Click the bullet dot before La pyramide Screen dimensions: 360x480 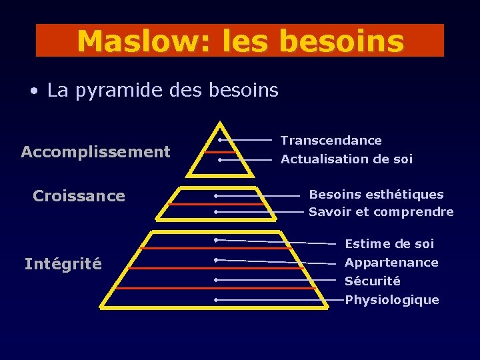tap(33, 91)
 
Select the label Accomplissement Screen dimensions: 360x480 tap(95, 152)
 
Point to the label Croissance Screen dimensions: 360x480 tap(79, 196)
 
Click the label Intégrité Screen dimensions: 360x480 tap(63, 265)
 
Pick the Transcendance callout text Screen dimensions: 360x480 tap(331, 141)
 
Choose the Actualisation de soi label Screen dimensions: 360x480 tap(346, 159)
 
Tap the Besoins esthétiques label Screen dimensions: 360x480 tap(376, 195)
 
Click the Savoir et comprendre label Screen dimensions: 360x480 tap(381, 212)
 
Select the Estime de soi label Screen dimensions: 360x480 tap(389, 244)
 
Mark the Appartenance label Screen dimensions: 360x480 tap(391, 263)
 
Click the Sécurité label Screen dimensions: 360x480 tap(372, 281)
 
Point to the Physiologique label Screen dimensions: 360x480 tap(392, 300)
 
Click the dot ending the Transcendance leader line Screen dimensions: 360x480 tap(219, 140)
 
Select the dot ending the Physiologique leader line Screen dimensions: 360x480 tap(217, 300)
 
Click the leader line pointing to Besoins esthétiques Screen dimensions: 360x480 tap(260, 196)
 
